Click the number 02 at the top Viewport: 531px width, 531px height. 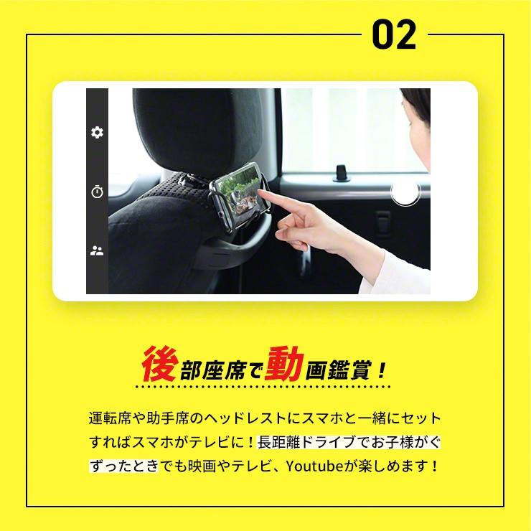coord(395,34)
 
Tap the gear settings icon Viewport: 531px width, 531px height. coord(97,132)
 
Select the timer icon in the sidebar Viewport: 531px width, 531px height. coord(97,192)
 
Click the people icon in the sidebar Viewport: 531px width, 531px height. coord(97,250)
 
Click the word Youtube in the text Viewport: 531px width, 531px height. coord(313,466)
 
